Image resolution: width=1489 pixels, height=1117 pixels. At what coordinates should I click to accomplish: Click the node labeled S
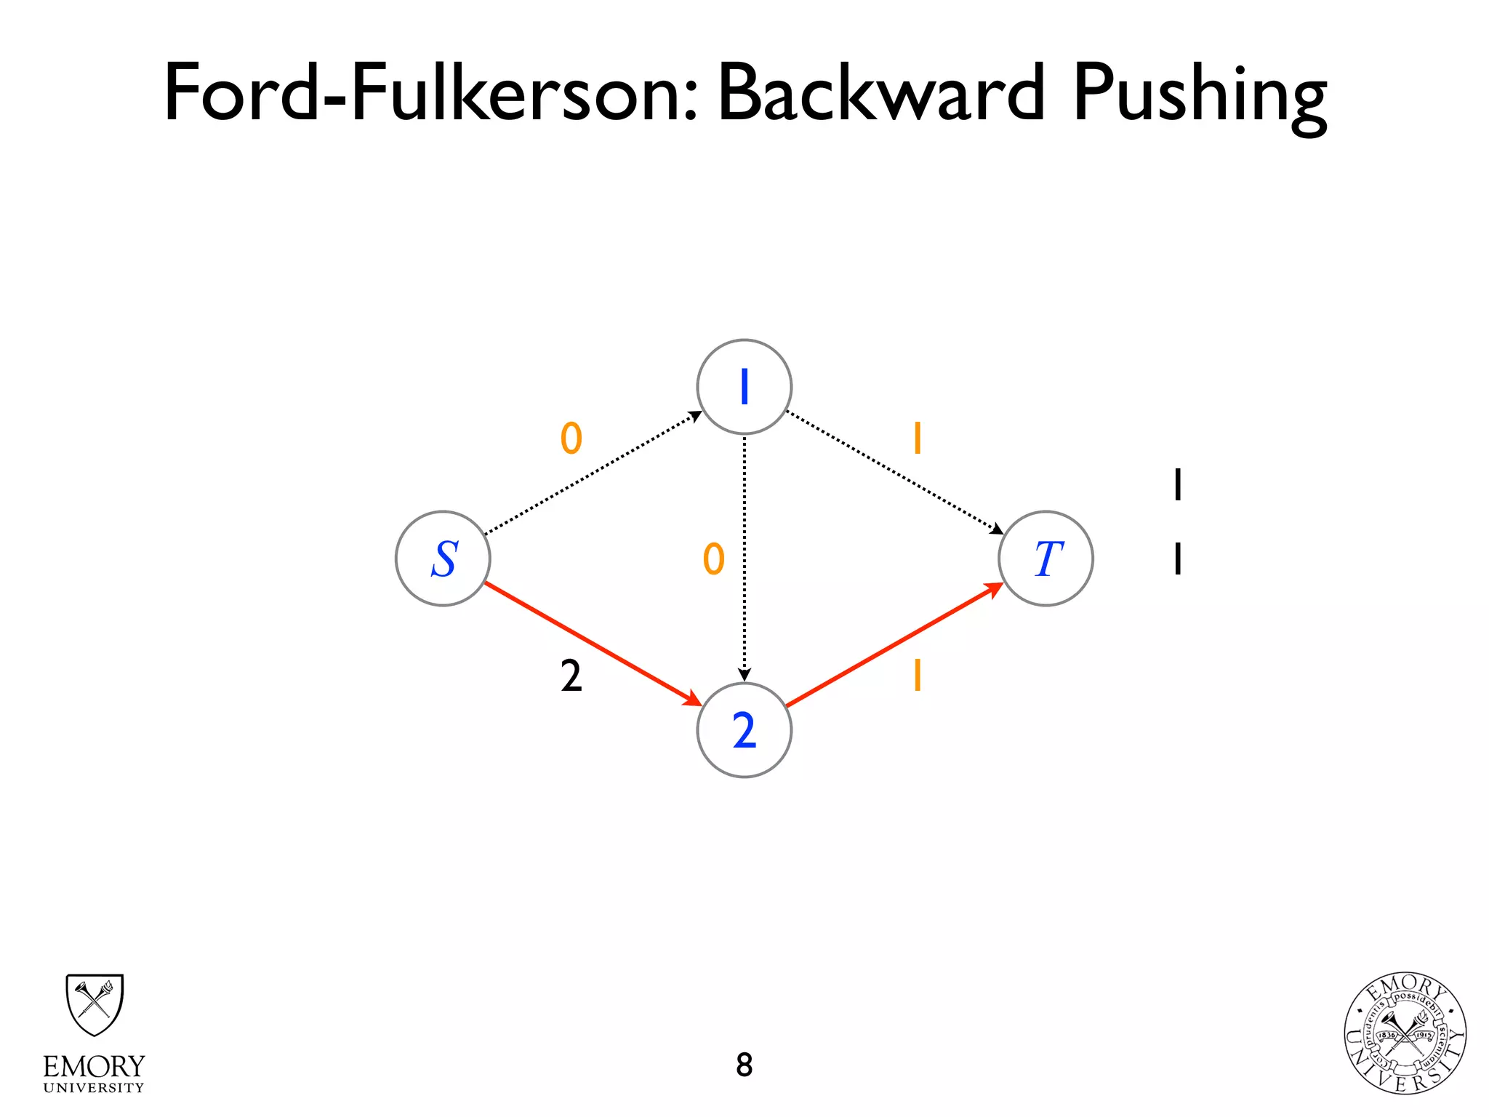(443, 558)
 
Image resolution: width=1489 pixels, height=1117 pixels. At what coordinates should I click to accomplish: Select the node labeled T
(1045, 558)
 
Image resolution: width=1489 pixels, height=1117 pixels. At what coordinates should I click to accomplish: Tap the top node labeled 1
(744, 387)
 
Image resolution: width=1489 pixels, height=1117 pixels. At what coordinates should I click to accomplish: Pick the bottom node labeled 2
(744, 730)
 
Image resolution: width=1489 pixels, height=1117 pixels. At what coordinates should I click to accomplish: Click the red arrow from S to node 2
(593, 644)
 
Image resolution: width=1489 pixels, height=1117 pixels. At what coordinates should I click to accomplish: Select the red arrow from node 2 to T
(894, 644)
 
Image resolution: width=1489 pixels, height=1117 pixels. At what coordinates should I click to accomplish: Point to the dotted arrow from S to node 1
(593, 473)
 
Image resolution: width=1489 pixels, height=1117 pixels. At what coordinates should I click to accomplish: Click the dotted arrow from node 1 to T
(894, 473)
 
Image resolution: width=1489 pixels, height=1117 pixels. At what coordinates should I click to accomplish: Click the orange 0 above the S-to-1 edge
(571, 439)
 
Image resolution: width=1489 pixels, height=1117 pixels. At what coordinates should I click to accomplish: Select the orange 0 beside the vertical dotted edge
(714, 559)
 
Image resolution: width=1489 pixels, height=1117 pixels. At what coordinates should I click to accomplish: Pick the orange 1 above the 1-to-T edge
(918, 439)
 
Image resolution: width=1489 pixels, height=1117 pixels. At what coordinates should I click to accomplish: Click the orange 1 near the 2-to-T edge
(918, 675)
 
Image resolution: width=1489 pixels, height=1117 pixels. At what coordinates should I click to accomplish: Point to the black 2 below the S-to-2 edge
(571, 676)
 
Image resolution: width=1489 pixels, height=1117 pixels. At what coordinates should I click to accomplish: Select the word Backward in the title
(881, 93)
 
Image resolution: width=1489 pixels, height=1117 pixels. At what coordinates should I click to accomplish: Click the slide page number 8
(744, 1065)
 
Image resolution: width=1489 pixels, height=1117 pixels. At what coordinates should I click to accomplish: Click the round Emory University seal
(1405, 1033)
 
